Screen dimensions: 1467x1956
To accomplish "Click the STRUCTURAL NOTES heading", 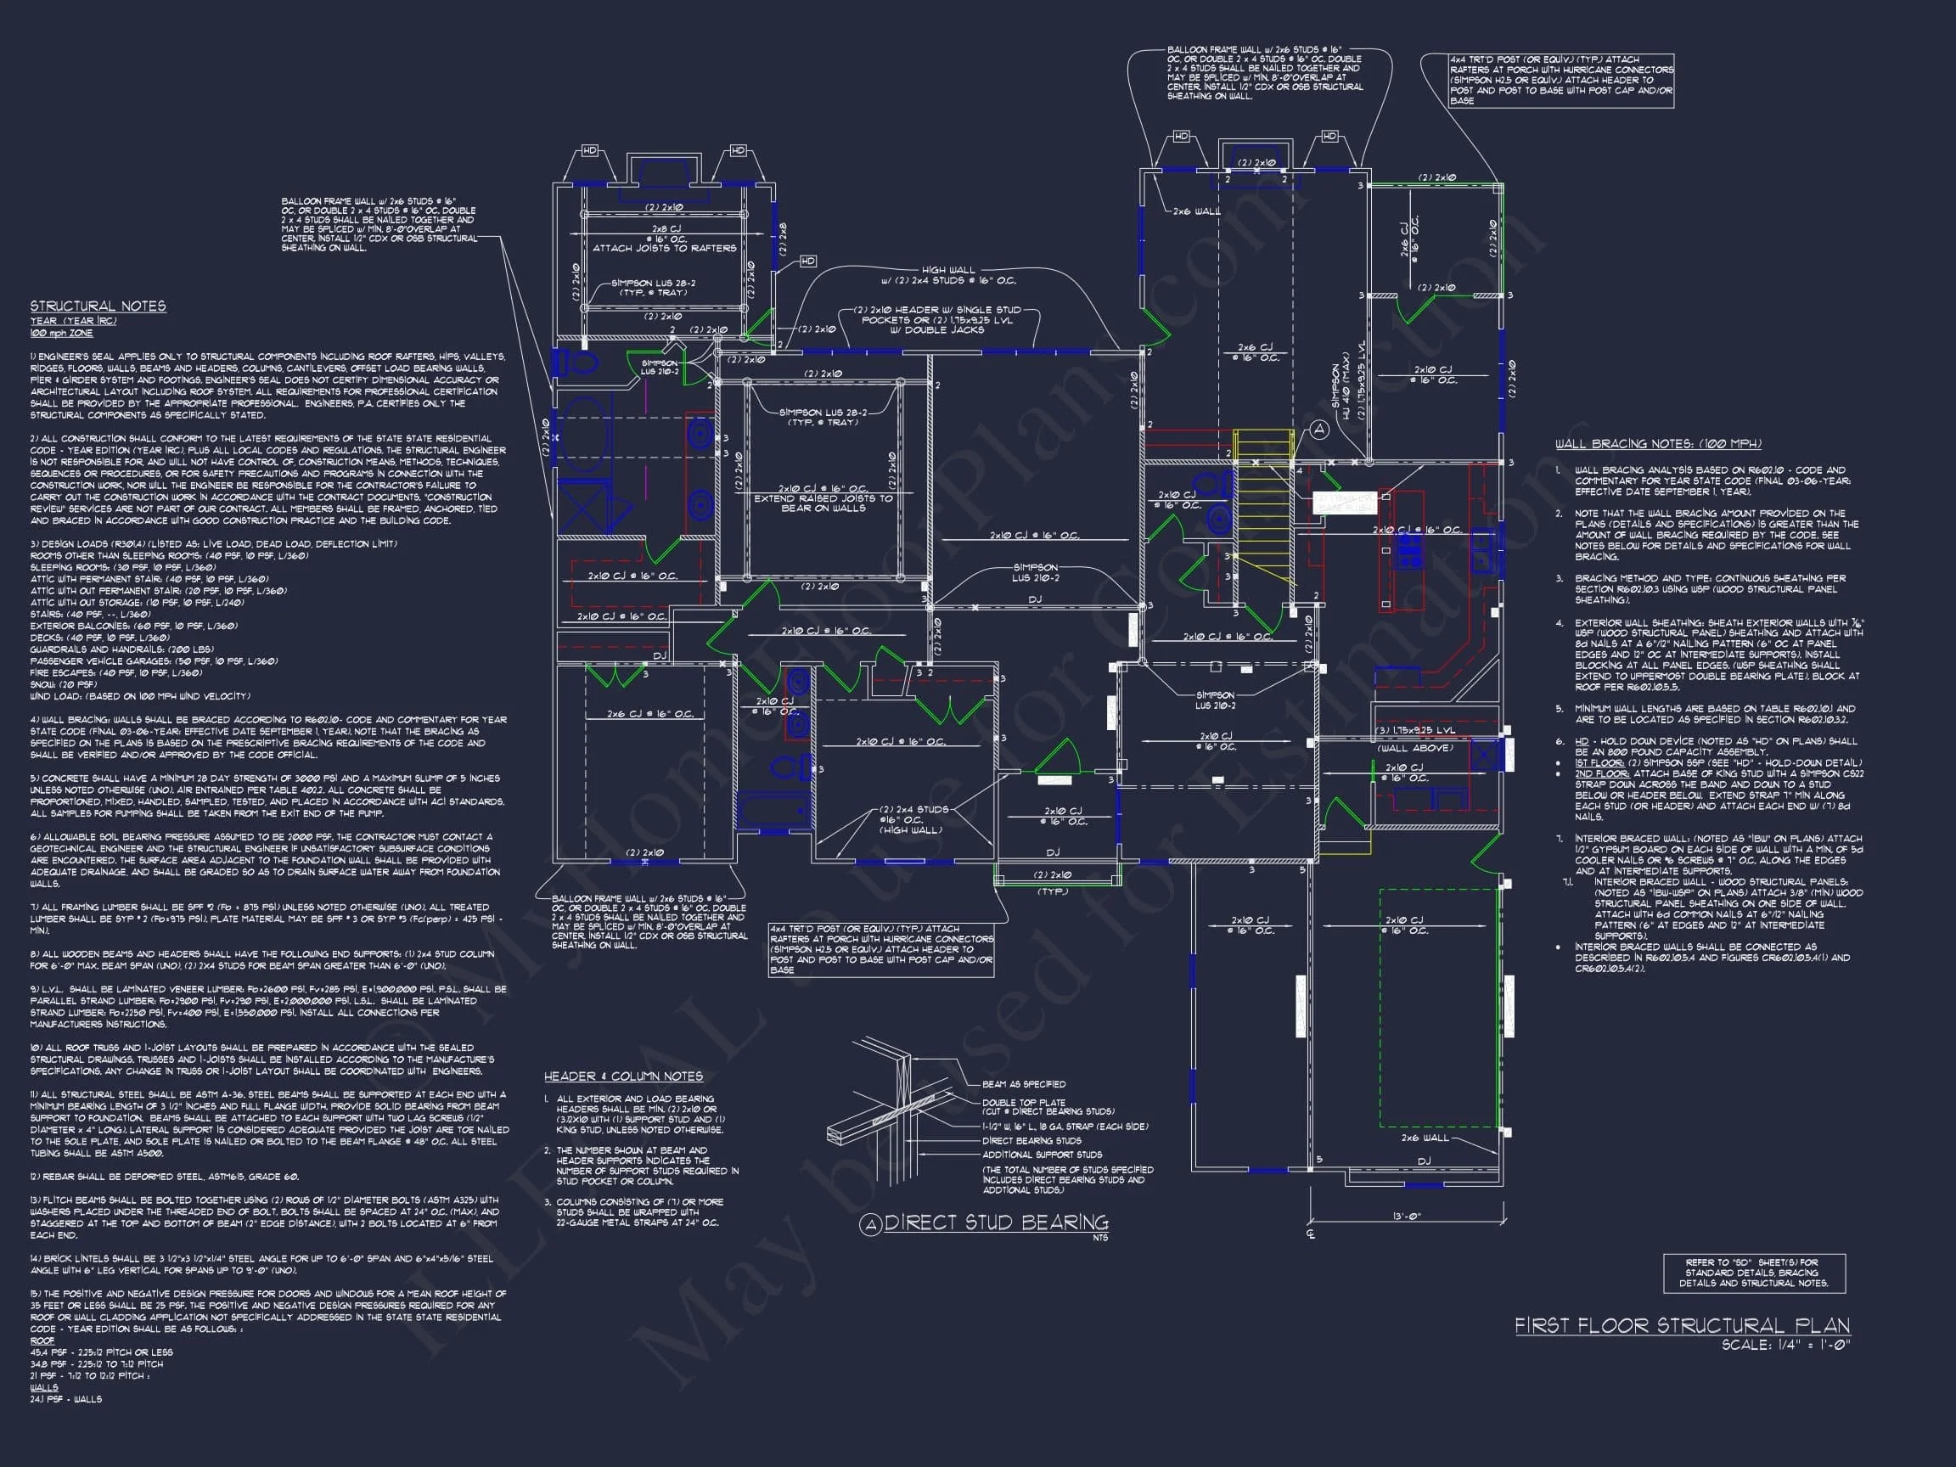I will pos(98,306).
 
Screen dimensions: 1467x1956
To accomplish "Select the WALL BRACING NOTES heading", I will pos(1658,445).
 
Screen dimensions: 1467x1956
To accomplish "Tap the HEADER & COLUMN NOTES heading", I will pos(623,1076).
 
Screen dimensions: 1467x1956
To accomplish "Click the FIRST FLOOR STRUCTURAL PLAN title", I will pos(1682,1325).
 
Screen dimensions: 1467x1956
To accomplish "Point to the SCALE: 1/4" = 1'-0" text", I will pos(1785,1345).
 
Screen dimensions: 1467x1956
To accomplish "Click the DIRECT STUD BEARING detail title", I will pos(996,1223).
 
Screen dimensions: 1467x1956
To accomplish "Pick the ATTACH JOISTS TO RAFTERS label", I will pos(664,249).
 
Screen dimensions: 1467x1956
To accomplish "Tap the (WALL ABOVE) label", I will pos(1415,748).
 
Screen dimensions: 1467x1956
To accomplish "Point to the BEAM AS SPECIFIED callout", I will pos(1023,1084).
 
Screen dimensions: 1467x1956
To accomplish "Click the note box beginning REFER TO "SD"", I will pos(1753,1273).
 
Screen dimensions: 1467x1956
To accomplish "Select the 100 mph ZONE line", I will pos(61,334).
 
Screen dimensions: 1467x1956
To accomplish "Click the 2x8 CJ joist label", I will pos(664,229).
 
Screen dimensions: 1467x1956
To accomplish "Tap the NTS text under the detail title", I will pos(1100,1238).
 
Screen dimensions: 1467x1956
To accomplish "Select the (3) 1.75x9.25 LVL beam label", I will pos(1415,730).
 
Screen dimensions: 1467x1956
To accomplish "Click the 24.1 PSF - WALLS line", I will pos(65,1400).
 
